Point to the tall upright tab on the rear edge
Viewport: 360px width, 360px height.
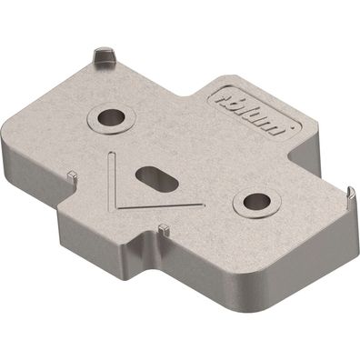tap(103, 56)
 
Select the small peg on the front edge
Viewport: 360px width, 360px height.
tap(161, 226)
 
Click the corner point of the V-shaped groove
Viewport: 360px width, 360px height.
tap(116, 208)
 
